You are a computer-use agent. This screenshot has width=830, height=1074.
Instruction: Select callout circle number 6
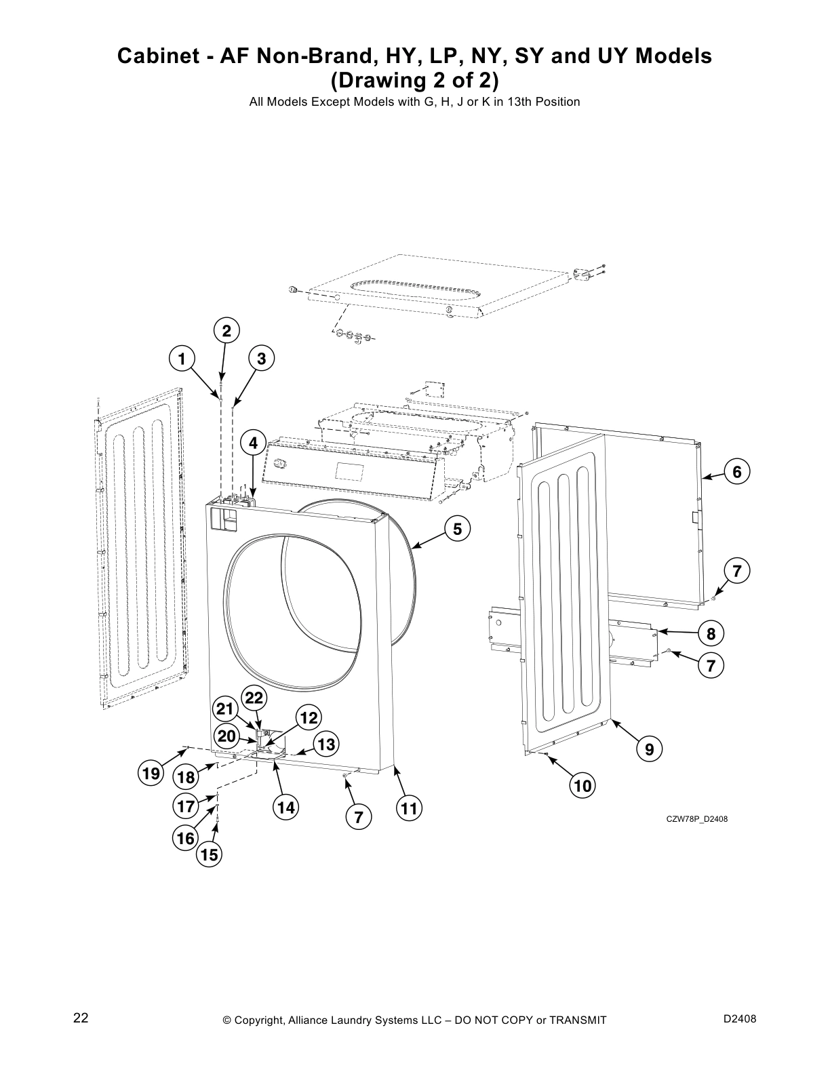pyautogui.click(x=736, y=471)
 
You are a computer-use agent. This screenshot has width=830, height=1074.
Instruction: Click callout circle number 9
pyautogui.click(x=649, y=749)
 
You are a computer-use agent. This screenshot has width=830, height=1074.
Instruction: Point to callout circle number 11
pyautogui.click(x=408, y=808)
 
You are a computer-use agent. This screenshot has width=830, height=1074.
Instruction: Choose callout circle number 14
pyautogui.click(x=285, y=808)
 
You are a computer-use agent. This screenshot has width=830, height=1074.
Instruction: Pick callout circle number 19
pyautogui.click(x=151, y=773)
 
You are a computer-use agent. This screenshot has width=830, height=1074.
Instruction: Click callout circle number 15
pyautogui.click(x=210, y=855)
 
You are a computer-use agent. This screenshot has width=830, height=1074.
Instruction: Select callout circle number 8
pyautogui.click(x=711, y=634)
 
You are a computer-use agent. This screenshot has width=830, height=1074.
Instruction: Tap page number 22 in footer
pyautogui.click(x=81, y=1018)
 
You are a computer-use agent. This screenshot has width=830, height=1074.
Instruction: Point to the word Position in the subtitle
pyautogui.click(x=558, y=102)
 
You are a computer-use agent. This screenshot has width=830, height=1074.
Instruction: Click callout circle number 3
pyautogui.click(x=261, y=359)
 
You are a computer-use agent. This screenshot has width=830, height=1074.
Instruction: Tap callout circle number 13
pyautogui.click(x=325, y=744)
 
